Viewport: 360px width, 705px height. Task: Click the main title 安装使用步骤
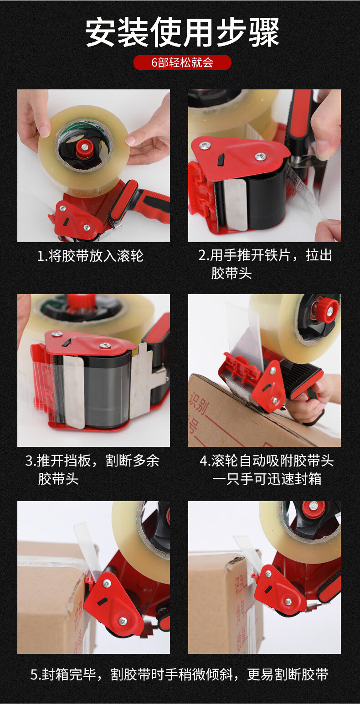[x=182, y=32]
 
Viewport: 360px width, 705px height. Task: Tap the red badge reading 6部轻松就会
[x=182, y=62]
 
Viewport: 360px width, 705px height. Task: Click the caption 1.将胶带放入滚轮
[x=90, y=256]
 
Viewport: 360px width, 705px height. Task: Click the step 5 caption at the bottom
[x=180, y=674]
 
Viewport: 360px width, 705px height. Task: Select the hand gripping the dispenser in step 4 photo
[x=310, y=401]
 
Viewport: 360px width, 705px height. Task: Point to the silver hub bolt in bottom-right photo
[x=313, y=506]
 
